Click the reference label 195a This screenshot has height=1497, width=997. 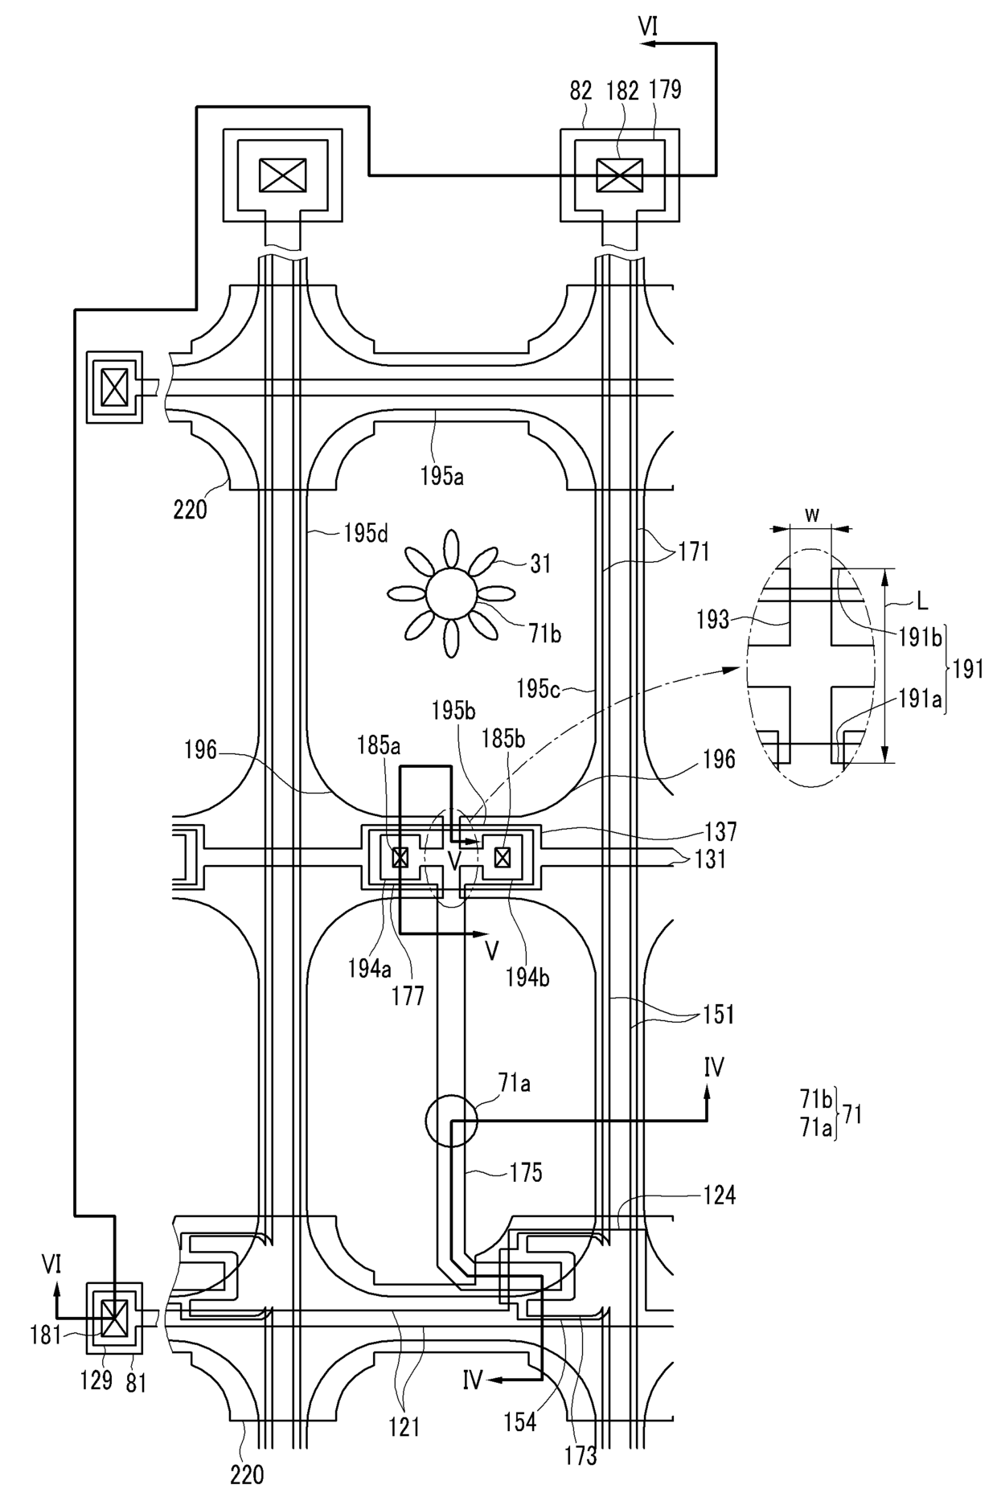click(441, 476)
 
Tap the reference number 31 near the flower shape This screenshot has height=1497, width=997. click(541, 564)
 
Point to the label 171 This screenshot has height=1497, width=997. click(694, 552)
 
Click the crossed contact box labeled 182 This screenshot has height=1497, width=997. click(619, 175)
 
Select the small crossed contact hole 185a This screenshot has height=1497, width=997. click(400, 859)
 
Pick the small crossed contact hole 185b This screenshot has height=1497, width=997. click(503, 858)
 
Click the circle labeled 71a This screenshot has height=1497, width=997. click(451, 1119)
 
